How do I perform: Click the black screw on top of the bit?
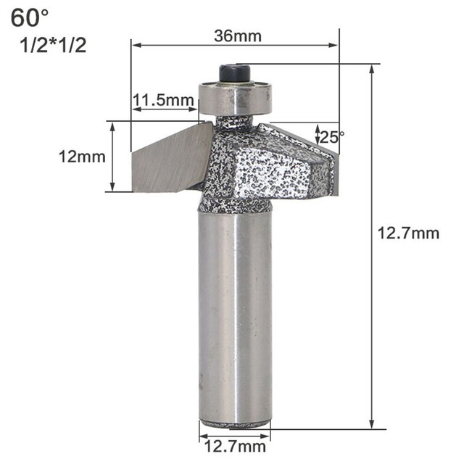click(x=234, y=73)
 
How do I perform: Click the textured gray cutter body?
click(x=261, y=167)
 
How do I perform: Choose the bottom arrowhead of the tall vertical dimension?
click(x=373, y=425)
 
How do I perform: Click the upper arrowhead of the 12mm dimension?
click(x=112, y=125)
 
